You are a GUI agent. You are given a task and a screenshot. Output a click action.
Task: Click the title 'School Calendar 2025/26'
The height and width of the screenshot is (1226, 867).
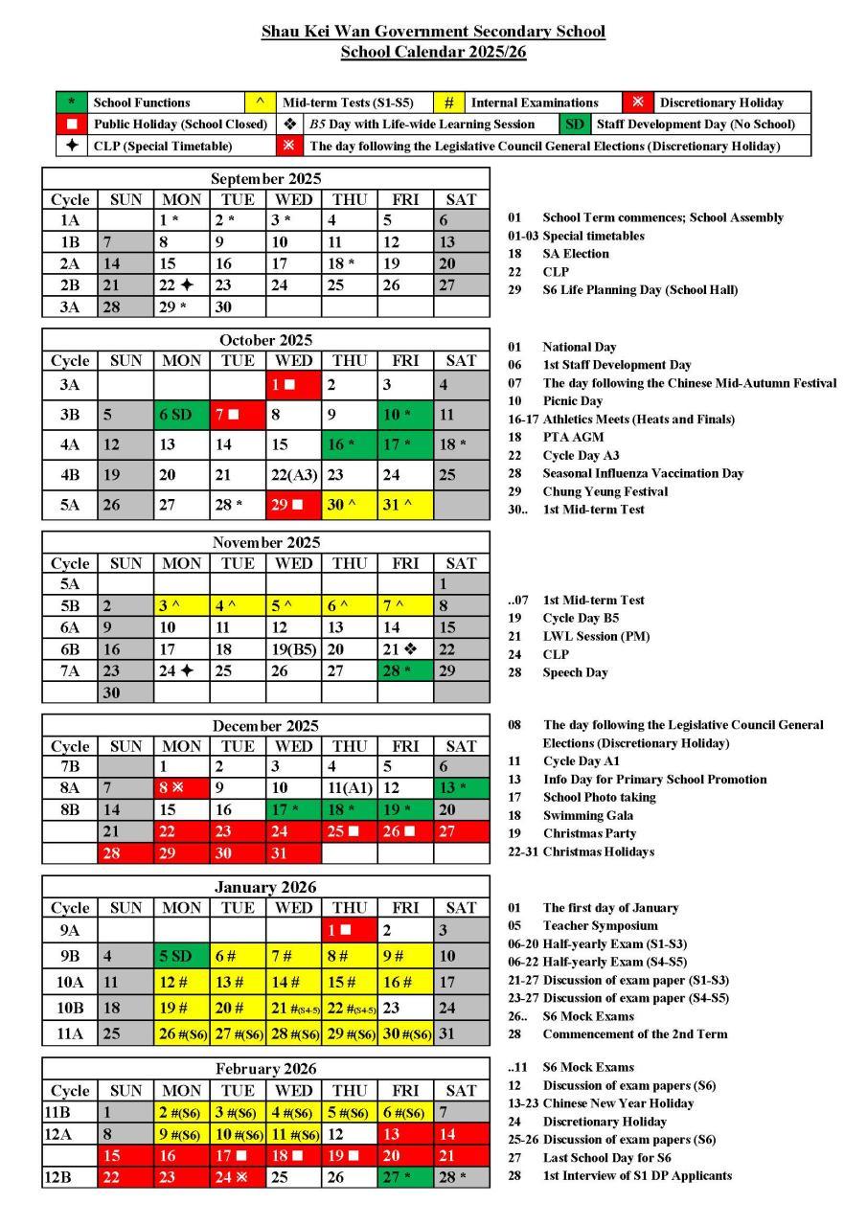pyautogui.click(x=433, y=52)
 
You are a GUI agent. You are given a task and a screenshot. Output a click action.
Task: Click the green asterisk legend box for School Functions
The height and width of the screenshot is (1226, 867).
pyautogui.click(x=72, y=102)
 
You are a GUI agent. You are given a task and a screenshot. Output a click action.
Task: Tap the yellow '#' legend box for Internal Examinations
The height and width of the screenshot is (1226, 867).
pyautogui.click(x=448, y=102)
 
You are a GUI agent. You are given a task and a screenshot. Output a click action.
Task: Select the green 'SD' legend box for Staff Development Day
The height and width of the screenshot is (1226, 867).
pyautogui.click(x=574, y=125)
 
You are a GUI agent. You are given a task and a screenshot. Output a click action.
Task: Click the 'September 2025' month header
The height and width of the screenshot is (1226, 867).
pyautogui.click(x=265, y=178)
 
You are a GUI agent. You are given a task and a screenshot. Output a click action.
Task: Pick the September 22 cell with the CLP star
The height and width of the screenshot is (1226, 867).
pyautogui.click(x=181, y=285)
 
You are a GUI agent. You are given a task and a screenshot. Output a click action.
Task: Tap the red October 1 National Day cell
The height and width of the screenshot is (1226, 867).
pyautogui.click(x=293, y=385)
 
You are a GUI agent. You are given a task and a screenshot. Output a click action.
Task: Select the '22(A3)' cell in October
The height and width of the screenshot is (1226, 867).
pyautogui.click(x=293, y=475)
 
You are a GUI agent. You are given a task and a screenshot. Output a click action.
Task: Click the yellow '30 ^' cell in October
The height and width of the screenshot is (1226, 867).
pyautogui.click(x=349, y=505)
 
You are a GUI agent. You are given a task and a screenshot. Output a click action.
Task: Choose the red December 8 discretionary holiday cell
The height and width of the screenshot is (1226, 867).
pyautogui.click(x=181, y=787)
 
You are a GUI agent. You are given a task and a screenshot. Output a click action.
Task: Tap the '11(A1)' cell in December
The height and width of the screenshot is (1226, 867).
pyautogui.click(x=349, y=787)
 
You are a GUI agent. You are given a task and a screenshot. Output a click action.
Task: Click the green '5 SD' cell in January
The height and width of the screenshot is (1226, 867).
pyautogui.click(x=181, y=956)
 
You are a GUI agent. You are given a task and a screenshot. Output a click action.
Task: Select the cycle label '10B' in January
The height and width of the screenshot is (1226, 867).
pyautogui.click(x=70, y=1008)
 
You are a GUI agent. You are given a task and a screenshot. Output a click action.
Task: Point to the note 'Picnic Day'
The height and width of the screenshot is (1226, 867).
pyautogui.click(x=573, y=401)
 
